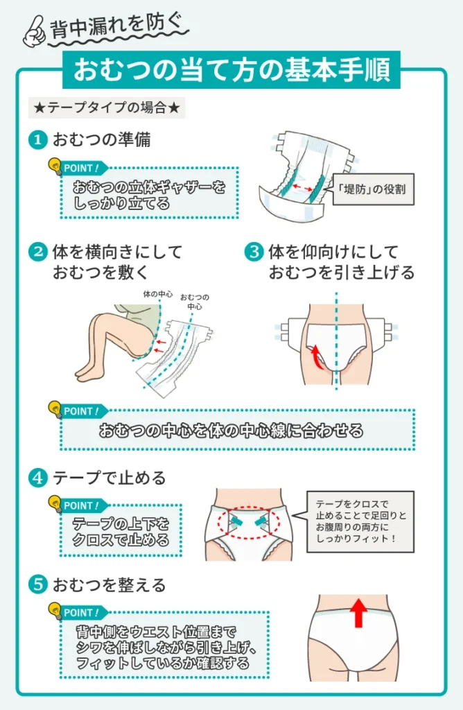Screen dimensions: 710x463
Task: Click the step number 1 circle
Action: point(37,139)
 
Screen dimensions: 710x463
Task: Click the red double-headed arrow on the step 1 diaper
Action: point(304,187)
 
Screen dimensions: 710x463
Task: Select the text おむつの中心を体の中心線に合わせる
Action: point(231,431)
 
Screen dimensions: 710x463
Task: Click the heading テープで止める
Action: point(110,478)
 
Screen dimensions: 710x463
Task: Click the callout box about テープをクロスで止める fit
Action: point(360,521)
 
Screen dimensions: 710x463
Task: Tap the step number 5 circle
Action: point(37,585)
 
